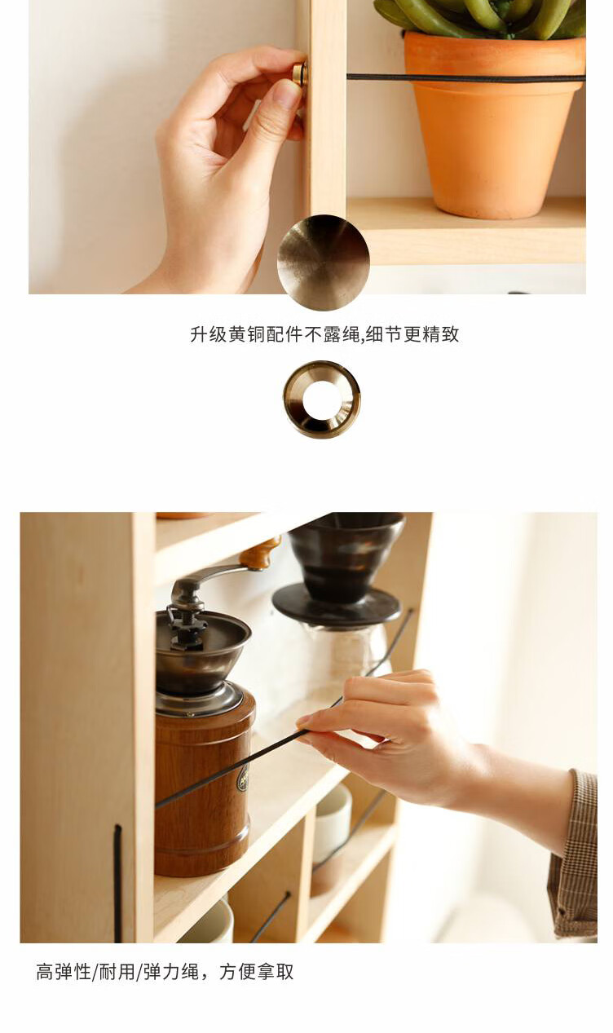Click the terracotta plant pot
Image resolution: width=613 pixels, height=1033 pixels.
pyautogui.click(x=493, y=125)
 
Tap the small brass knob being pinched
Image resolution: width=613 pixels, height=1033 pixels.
pyautogui.click(x=300, y=74)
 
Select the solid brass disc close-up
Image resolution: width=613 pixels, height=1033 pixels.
pyautogui.click(x=323, y=262)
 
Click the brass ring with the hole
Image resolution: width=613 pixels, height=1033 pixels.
pyautogui.click(x=322, y=400)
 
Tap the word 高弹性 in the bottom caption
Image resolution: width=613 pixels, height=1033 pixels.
pyautogui.click(x=64, y=972)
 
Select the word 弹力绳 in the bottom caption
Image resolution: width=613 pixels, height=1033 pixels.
pyautogui.click(x=171, y=972)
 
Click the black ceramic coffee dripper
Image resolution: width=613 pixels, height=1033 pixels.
pyautogui.click(x=341, y=567)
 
